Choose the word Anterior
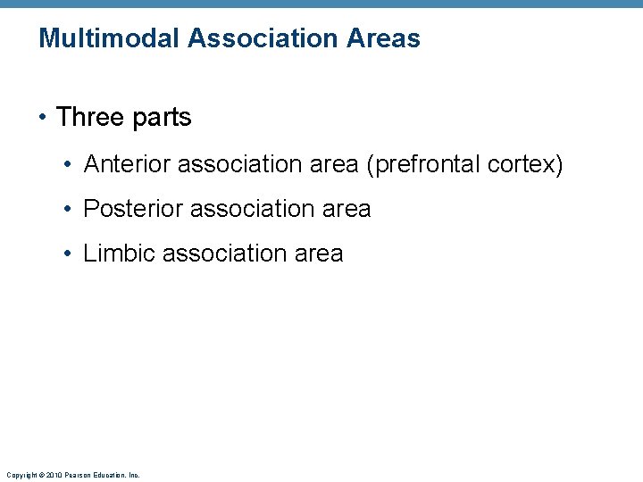[127, 164]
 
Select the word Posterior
[133, 209]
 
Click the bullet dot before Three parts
[43, 118]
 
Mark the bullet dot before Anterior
[68, 165]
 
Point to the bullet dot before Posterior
[68, 210]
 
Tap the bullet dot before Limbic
[68, 254]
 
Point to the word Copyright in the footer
[21, 475]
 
